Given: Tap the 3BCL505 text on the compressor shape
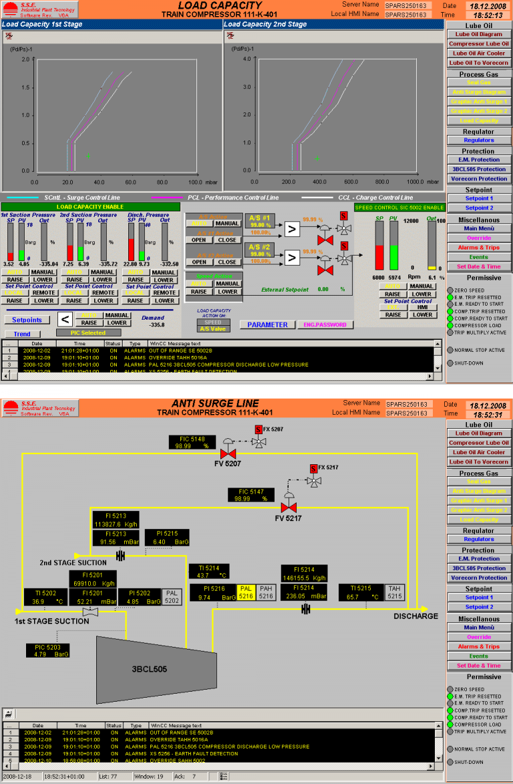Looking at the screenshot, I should [149, 668].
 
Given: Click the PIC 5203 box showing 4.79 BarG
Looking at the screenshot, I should [48, 651].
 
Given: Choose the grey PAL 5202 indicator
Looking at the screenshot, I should [172, 597].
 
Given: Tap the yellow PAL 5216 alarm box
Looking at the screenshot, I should [246, 591].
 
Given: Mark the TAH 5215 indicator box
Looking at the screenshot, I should [394, 591].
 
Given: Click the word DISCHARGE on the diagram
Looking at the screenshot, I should [415, 616].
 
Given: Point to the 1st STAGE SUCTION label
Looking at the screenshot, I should [52, 621].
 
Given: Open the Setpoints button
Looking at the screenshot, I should [27, 320].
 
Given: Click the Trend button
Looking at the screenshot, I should [22, 334].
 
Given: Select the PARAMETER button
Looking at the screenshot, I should [267, 324].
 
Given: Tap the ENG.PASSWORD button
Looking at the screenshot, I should [325, 324].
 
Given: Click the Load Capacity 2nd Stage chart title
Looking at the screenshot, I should [265, 25].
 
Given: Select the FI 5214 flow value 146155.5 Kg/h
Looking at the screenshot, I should [305, 578].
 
